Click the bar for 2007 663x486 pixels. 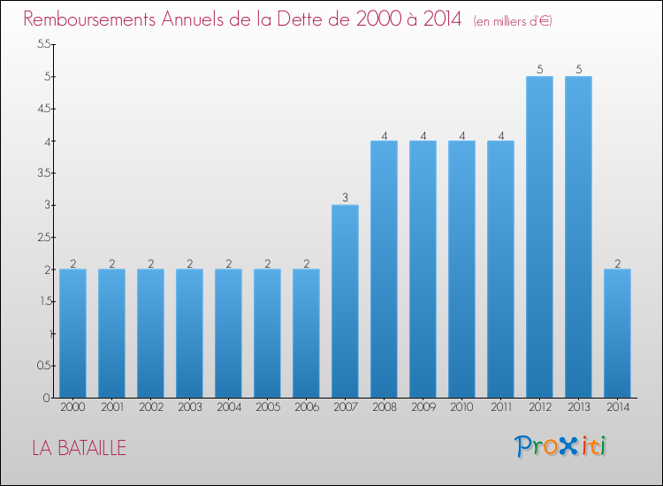(x=345, y=301)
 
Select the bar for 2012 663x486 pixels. (x=539, y=237)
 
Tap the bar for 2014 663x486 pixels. (x=617, y=333)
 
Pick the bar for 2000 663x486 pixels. (x=72, y=333)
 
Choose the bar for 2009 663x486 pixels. (x=423, y=269)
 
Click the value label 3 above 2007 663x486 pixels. (x=345, y=197)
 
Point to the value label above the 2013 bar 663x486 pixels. (x=578, y=69)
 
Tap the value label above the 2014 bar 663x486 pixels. (x=617, y=263)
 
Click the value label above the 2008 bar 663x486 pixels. (x=384, y=136)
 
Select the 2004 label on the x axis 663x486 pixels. (x=229, y=406)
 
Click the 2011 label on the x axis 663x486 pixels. (x=501, y=406)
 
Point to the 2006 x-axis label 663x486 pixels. (x=307, y=406)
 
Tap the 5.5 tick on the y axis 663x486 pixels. (x=44, y=43)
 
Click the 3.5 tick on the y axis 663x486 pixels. (x=44, y=173)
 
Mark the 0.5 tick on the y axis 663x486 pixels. (x=44, y=366)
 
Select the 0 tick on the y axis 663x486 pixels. (x=46, y=398)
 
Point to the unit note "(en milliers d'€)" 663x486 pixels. (x=513, y=20)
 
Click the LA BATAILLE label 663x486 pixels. (x=79, y=448)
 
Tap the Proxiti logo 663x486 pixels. (x=560, y=446)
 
